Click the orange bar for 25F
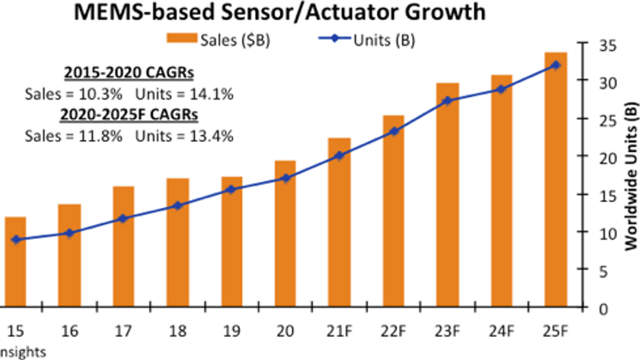pyautogui.click(x=556, y=180)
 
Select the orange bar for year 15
pyautogui.click(x=16, y=262)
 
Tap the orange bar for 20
pyautogui.click(x=285, y=234)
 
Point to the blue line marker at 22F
pyautogui.click(x=394, y=131)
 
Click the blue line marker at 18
pyautogui.click(x=178, y=206)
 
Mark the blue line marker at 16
pyautogui.click(x=70, y=233)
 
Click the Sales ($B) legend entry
pyautogui.click(x=218, y=40)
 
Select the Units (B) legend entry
pyautogui.click(x=367, y=40)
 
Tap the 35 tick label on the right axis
pyautogui.click(x=607, y=46)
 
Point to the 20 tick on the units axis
pyautogui.click(x=608, y=158)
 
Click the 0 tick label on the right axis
pyautogui.click(x=603, y=309)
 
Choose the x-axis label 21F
pyautogui.click(x=339, y=331)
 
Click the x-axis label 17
pyautogui.click(x=123, y=331)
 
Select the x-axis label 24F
pyautogui.click(x=501, y=331)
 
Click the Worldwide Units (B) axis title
pyautogui.click(x=631, y=176)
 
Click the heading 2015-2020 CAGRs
pyautogui.click(x=129, y=73)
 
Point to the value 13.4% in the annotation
pyautogui.click(x=211, y=136)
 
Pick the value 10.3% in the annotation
pyautogui.click(x=100, y=94)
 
